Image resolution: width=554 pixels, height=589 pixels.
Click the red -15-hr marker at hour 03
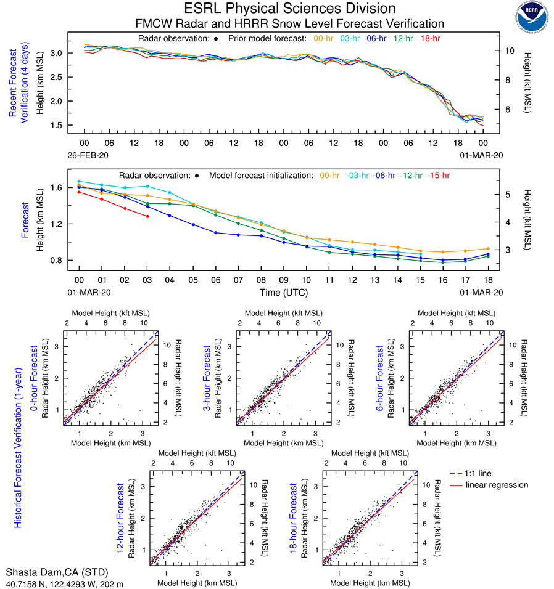(147, 216)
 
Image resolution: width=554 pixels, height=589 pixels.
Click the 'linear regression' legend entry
(497, 485)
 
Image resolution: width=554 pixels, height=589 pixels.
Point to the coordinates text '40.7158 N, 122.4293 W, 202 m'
(65, 582)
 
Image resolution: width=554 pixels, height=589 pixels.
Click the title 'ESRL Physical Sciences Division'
(289, 9)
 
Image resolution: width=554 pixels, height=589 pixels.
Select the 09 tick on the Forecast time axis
(284, 280)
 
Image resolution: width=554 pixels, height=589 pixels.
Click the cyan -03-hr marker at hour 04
(170, 193)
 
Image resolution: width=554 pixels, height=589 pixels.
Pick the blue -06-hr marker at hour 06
(215, 232)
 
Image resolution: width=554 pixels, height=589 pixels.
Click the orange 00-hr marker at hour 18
(488, 249)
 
